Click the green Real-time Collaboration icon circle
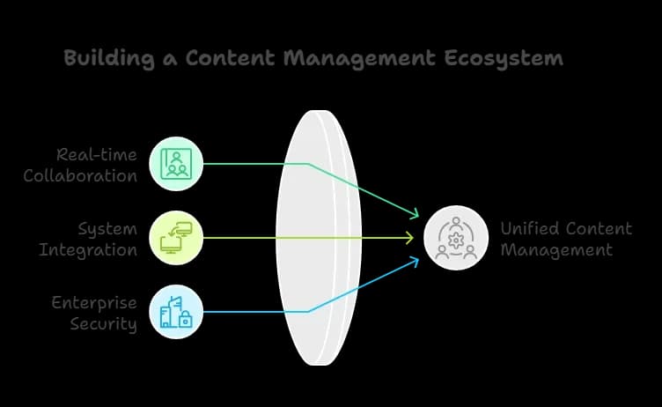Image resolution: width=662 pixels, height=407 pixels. coord(176,164)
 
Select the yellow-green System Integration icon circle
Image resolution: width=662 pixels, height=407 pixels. coord(176,238)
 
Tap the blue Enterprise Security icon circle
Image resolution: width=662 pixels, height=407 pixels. coord(176,312)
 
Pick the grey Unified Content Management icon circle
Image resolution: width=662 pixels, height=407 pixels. coord(455,238)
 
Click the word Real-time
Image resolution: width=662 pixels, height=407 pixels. coord(96,155)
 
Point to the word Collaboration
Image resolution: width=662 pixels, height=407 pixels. coord(80,174)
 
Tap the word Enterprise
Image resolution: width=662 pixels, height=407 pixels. coord(94,303)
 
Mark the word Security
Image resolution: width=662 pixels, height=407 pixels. coord(104,323)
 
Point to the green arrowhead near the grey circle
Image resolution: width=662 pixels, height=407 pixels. coord(415,214)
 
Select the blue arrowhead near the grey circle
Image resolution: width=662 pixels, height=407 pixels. coord(415,262)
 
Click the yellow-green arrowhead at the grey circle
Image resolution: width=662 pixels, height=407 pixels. coord(410,238)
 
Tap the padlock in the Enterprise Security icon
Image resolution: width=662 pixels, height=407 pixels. coord(186,322)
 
